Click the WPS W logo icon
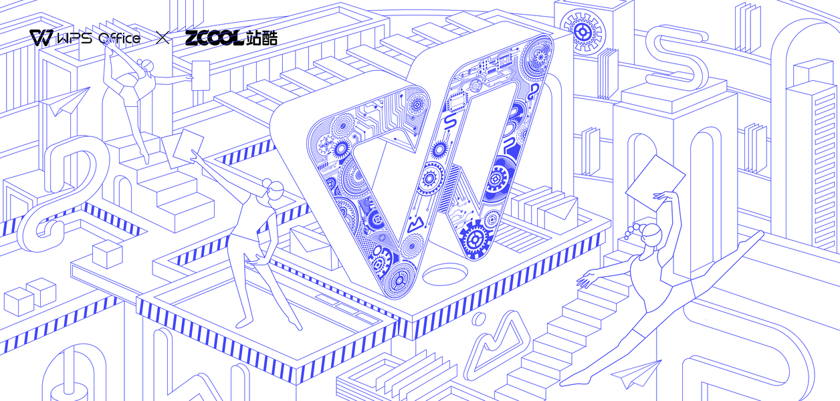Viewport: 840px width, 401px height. (x=41, y=38)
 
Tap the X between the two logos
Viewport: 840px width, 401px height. (x=163, y=38)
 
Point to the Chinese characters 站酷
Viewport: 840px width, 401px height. (x=261, y=38)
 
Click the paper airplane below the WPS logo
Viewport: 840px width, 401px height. (x=67, y=102)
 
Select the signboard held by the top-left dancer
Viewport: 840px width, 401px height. (x=200, y=76)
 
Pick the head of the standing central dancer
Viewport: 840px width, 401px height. (x=275, y=191)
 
